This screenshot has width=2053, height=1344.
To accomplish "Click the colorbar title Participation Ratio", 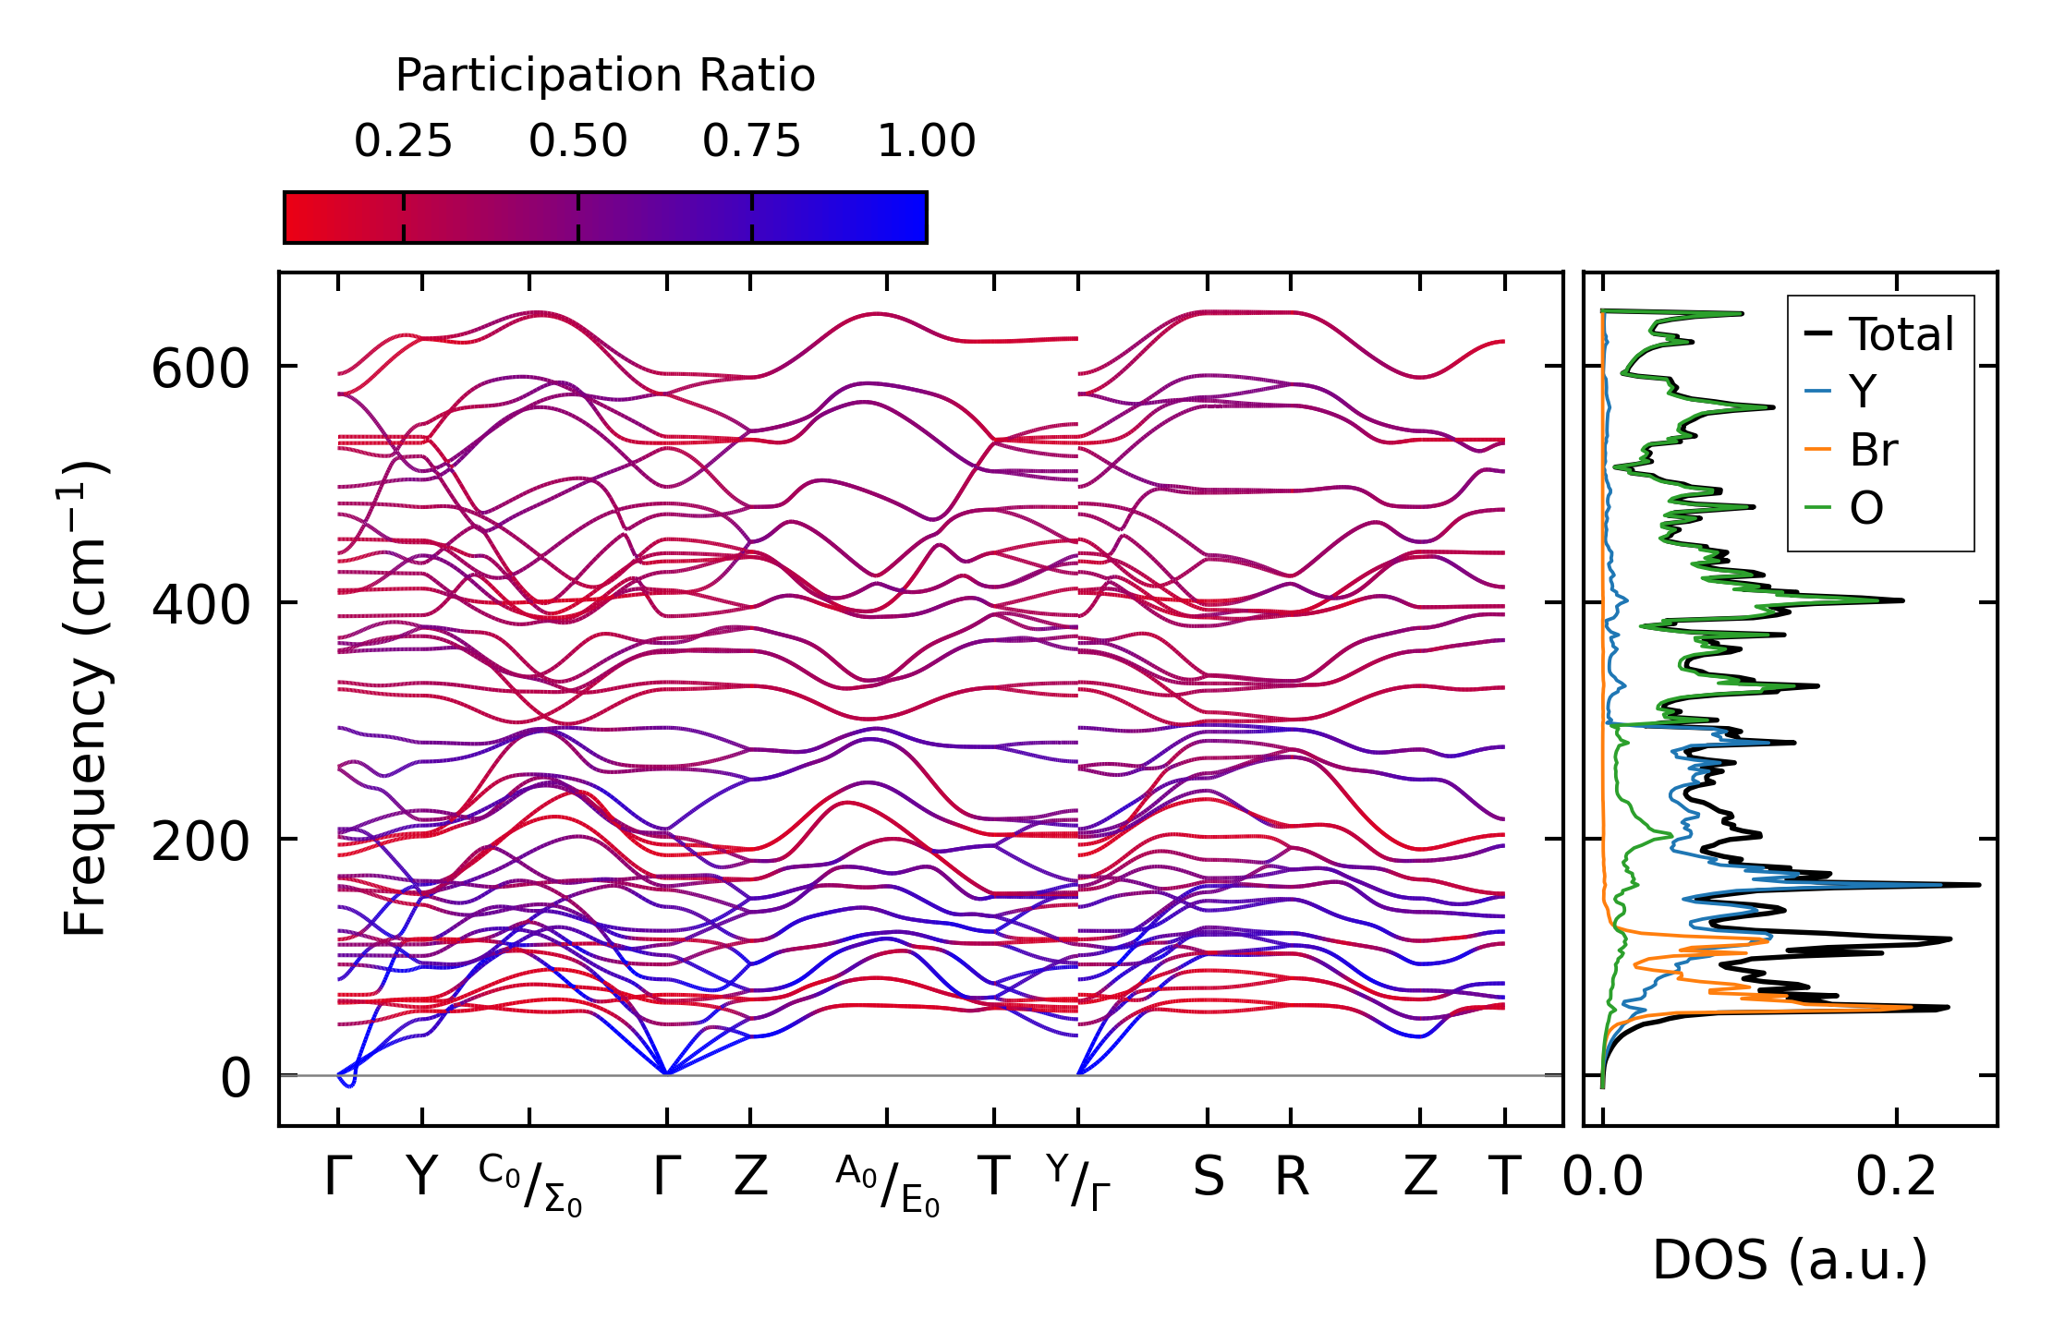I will pyautogui.click(x=605, y=75).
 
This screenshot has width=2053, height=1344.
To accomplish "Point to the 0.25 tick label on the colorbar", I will pyautogui.click(x=403, y=141).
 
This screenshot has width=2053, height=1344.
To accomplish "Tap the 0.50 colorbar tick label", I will pyautogui.click(x=577, y=141).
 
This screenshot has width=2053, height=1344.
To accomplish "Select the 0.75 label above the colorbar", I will pyautogui.click(x=751, y=141).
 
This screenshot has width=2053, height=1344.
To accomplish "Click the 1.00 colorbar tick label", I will pyautogui.click(x=926, y=141).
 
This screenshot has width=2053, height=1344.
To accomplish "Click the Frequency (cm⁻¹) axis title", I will pyautogui.click(x=85, y=698).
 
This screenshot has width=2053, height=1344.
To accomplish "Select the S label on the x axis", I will pyautogui.click(x=1208, y=1178).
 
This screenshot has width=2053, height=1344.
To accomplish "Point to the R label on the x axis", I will pyautogui.click(x=1292, y=1178).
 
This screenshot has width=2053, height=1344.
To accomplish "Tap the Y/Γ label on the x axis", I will pyautogui.click(x=1078, y=1182).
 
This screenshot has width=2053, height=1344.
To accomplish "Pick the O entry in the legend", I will pyautogui.click(x=1865, y=508).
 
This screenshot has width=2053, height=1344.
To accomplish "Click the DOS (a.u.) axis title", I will pyautogui.click(x=1790, y=1261).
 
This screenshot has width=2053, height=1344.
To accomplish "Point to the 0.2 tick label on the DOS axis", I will pyautogui.click(x=1896, y=1179).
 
